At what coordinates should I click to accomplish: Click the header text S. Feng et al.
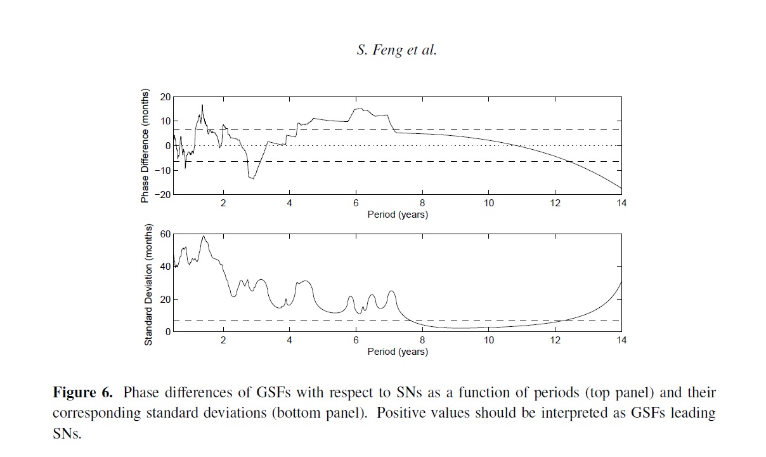click(x=396, y=51)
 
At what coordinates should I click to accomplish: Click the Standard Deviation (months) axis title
click(x=148, y=284)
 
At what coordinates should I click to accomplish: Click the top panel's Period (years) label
click(x=398, y=215)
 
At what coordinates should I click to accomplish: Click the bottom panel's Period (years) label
click(x=398, y=352)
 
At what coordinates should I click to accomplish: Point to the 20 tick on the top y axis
click(x=166, y=97)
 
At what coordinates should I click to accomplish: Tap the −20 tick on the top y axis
click(x=163, y=195)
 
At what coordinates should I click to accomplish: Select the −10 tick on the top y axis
click(x=163, y=170)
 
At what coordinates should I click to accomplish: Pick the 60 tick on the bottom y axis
click(x=166, y=234)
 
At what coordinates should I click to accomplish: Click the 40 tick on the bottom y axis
click(x=166, y=267)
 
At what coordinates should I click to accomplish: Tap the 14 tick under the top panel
click(x=621, y=203)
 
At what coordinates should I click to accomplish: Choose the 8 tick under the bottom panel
click(x=422, y=340)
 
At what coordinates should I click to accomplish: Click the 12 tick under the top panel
click(x=555, y=203)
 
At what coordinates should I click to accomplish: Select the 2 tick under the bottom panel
click(x=223, y=340)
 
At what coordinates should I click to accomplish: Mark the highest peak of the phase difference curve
click(x=202, y=105)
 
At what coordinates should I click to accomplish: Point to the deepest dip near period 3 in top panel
click(x=253, y=178)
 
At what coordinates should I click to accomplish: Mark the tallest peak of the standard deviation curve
click(x=204, y=236)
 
